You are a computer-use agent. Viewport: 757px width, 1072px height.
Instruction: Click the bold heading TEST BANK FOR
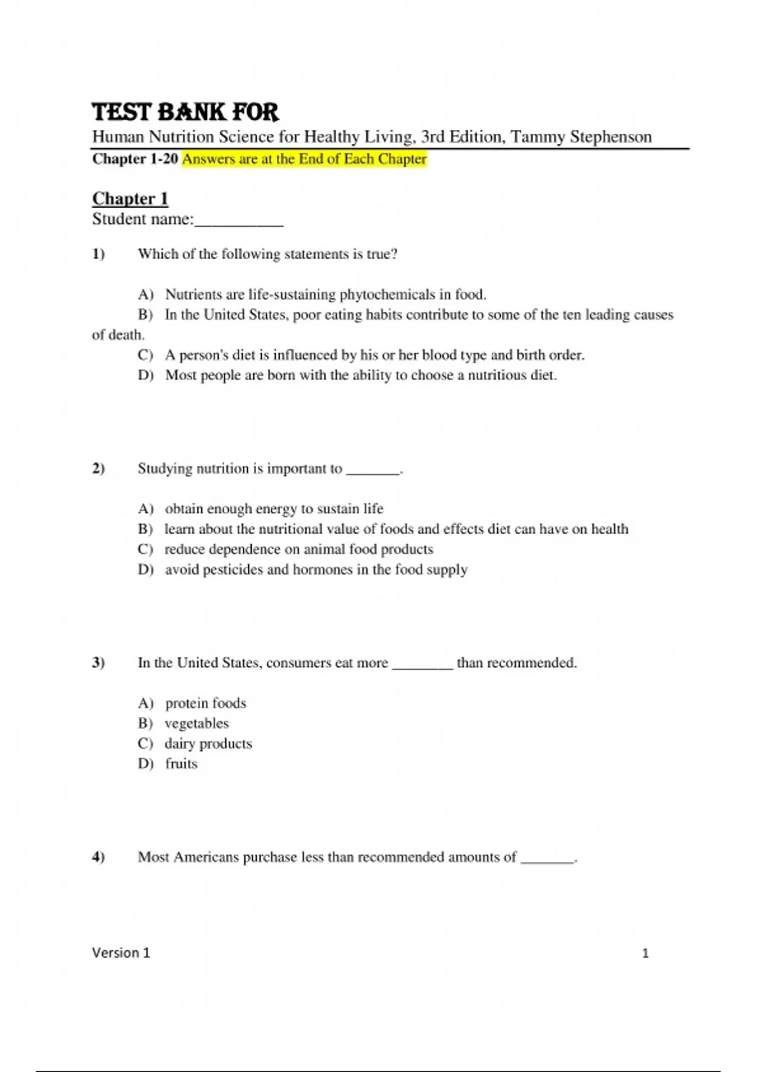click(x=185, y=112)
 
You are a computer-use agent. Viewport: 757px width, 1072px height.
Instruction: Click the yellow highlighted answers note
click(x=304, y=159)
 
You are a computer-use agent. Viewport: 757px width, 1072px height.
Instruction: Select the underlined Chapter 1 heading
click(x=130, y=199)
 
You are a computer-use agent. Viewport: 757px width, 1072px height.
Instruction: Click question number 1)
click(x=98, y=254)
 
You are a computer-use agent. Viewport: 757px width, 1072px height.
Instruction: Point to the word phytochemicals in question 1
click(x=387, y=294)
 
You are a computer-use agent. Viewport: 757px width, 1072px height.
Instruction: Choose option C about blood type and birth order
click(x=374, y=355)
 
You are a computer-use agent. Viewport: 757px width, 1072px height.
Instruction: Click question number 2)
click(x=98, y=469)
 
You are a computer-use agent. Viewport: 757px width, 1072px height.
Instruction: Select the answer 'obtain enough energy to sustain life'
click(x=274, y=509)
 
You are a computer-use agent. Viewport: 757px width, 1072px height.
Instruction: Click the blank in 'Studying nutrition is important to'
click(x=373, y=470)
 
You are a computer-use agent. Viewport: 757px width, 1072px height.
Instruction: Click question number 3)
click(x=98, y=663)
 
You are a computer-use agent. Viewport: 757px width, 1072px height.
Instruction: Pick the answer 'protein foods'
click(x=205, y=703)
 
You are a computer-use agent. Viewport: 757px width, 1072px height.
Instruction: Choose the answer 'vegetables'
click(x=196, y=723)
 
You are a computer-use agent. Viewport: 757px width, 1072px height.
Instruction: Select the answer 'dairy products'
click(x=208, y=743)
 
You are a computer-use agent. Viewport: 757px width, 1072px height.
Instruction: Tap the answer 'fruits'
click(x=181, y=764)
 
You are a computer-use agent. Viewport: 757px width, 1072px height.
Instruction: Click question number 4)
click(x=98, y=857)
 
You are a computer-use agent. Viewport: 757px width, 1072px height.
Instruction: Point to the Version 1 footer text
click(x=121, y=953)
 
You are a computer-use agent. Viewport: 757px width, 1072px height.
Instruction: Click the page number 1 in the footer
click(x=645, y=953)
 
